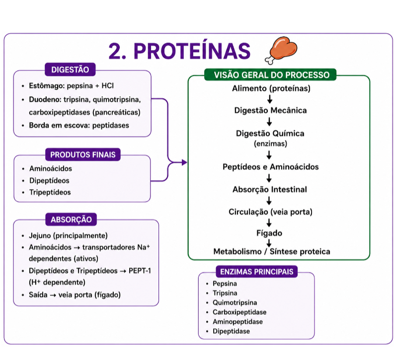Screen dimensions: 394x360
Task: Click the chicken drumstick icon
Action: coord(281,51)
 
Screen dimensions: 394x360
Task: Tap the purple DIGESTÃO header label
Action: coord(70,70)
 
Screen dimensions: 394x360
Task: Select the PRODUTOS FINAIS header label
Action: coord(83,154)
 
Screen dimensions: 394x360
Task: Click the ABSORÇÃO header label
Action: coord(71,219)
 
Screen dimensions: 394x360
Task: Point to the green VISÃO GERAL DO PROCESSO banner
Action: coord(270,75)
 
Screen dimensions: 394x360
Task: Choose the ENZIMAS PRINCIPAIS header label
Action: coord(257,272)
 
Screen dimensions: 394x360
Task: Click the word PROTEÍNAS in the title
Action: coord(192,51)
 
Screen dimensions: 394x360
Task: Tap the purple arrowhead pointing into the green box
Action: coord(184,162)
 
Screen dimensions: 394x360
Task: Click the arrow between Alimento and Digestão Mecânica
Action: coord(270,99)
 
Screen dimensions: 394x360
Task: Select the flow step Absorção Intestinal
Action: coord(270,189)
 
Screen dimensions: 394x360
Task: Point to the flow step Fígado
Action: coord(269,233)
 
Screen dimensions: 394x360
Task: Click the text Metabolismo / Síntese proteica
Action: coord(272,252)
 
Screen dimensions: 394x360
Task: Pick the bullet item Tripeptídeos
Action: coord(50,192)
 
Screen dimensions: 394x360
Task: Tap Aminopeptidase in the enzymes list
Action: coord(237,322)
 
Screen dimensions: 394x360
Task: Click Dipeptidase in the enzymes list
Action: coord(231,331)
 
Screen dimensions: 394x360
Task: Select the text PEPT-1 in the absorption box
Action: coord(140,271)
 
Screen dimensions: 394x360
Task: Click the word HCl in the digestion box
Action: coord(107,86)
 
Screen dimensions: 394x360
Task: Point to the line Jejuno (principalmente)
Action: coord(69,236)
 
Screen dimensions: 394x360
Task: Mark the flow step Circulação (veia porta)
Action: coord(270,212)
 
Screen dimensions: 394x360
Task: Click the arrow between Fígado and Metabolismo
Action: coord(269,243)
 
